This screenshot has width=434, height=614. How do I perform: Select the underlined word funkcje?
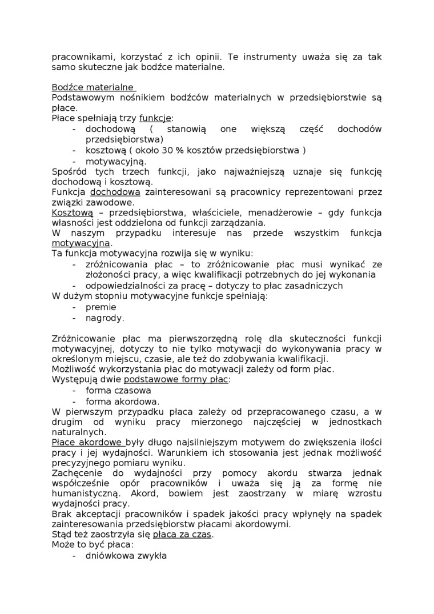pyautogui.click(x=155, y=119)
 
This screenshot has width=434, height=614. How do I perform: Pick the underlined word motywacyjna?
pyautogui.click(x=81, y=243)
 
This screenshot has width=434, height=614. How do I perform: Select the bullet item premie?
pyautogui.click(x=101, y=307)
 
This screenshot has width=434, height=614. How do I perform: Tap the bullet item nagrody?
pyautogui.click(x=105, y=318)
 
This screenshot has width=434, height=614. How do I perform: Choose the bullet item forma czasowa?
pyautogui.click(x=118, y=391)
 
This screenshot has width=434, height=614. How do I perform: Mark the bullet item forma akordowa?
pyautogui.click(x=122, y=402)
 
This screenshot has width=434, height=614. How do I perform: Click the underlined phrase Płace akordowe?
pyautogui.click(x=87, y=443)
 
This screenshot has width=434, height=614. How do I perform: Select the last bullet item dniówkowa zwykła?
pyautogui.click(x=126, y=555)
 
